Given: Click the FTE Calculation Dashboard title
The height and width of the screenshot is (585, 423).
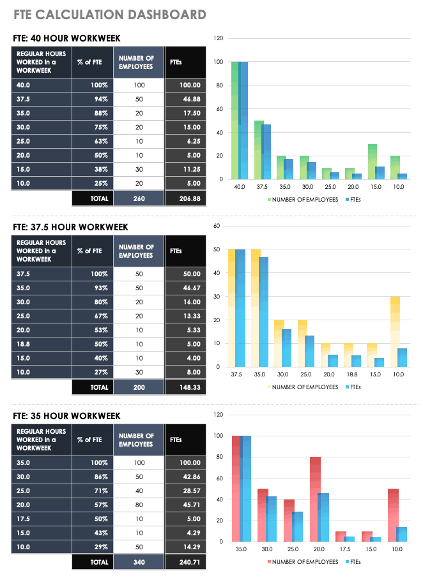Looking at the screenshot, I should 109,14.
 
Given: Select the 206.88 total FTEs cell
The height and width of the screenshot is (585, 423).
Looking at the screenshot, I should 185,198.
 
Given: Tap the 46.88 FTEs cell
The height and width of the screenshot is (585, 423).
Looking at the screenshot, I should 185,99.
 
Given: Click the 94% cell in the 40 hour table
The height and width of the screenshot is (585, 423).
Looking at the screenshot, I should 93,99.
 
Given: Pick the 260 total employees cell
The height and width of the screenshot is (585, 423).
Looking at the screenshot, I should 139,198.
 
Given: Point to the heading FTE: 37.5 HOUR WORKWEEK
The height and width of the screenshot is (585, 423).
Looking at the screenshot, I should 70,227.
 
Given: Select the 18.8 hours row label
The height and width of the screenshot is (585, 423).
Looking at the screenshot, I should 42,344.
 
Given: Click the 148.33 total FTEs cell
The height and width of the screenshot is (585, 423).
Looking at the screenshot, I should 185,387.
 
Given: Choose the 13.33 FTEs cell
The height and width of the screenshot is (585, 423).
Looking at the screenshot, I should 185,316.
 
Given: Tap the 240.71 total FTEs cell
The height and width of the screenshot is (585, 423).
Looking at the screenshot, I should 185,563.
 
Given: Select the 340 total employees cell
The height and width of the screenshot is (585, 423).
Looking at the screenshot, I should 139,563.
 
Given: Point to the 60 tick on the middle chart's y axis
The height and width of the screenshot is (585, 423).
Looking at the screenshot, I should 217,226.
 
